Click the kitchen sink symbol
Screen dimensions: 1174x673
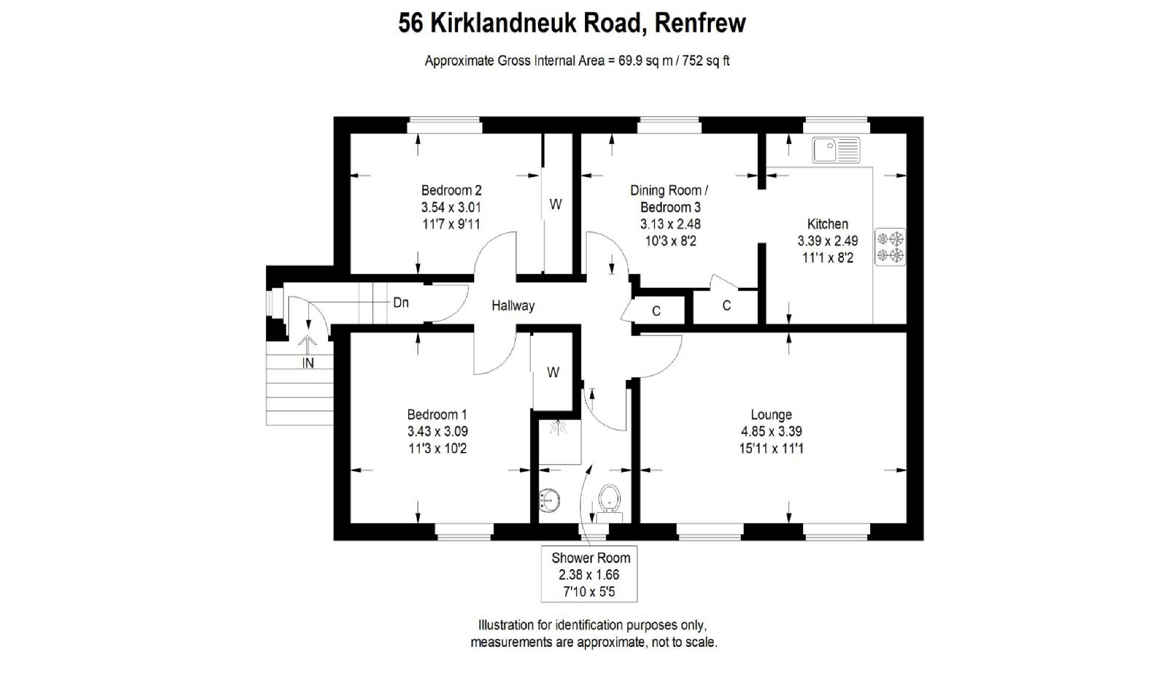coord(835,150)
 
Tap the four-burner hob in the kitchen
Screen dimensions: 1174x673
coord(890,247)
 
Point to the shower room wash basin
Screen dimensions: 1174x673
coord(549,500)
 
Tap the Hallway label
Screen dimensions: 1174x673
coord(513,306)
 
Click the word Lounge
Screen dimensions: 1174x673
coord(771,415)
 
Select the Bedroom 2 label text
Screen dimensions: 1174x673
coord(451,190)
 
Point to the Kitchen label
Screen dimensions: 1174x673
coord(827,224)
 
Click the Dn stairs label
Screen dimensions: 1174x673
coord(401,303)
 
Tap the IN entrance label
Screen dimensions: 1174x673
coord(308,363)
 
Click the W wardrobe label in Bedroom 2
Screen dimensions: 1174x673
coord(555,204)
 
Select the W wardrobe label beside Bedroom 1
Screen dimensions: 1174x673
coord(553,372)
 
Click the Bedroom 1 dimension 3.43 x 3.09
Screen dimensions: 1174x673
coord(437,432)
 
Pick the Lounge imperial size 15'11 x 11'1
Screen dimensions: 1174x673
coord(771,448)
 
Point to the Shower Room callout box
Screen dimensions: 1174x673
coord(589,574)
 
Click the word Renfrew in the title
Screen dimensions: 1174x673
coord(700,23)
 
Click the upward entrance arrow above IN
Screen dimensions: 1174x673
coord(307,344)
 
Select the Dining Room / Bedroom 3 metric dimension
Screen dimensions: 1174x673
coord(670,224)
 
